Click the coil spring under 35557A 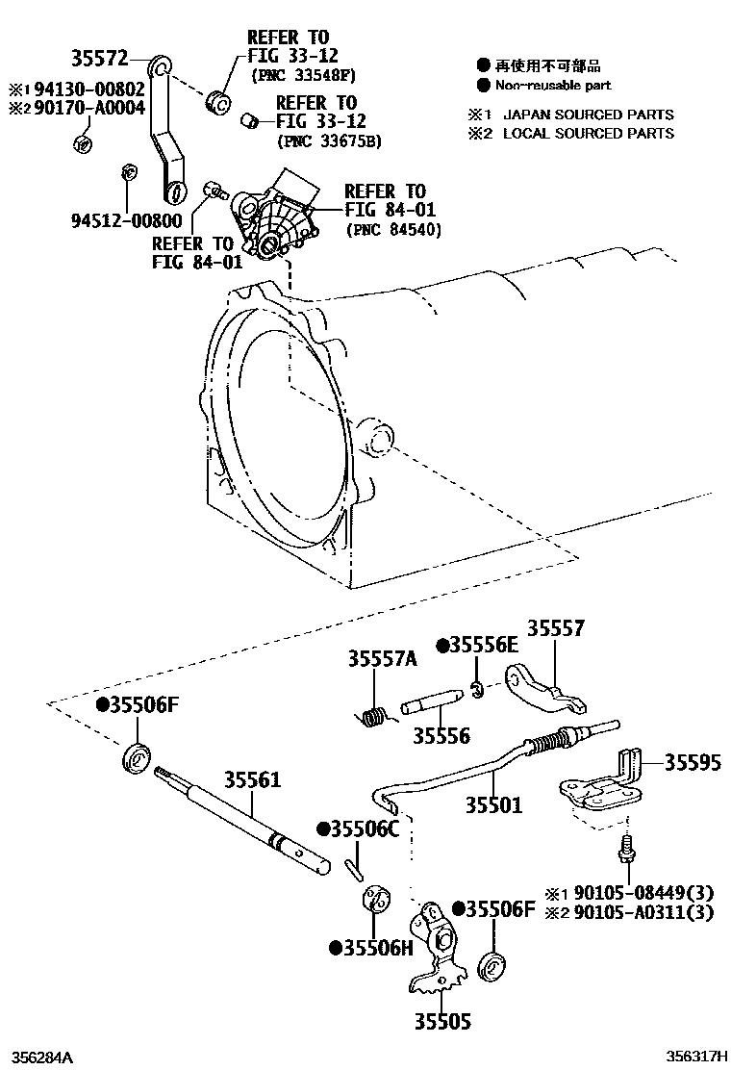tap(370, 716)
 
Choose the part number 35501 tap(494, 804)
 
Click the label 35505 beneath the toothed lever tap(443, 1021)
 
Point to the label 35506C tap(364, 828)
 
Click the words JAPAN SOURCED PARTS tap(588, 114)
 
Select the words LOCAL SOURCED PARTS tap(588, 133)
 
